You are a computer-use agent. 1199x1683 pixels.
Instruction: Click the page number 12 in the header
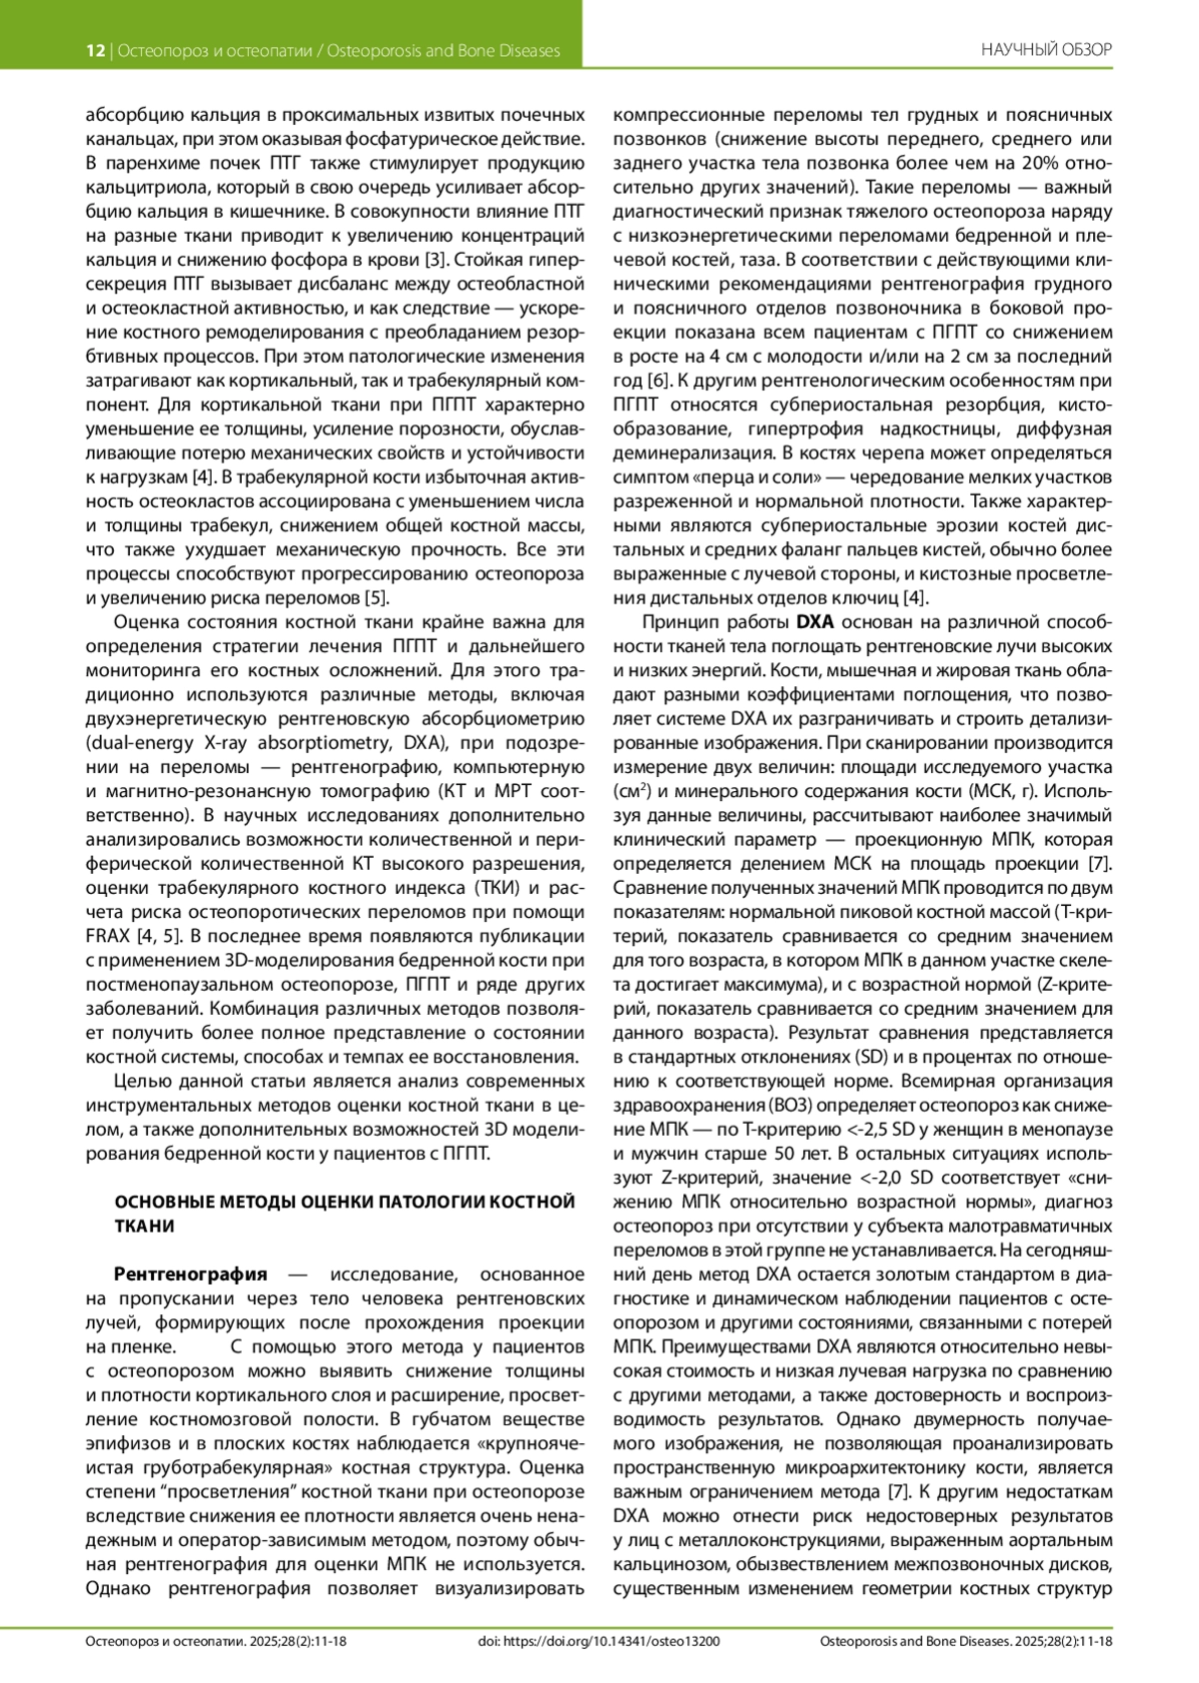point(95,50)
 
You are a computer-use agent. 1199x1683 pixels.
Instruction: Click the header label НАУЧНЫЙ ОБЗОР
point(1046,50)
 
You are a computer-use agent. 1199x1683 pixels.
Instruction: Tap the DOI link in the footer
point(599,1641)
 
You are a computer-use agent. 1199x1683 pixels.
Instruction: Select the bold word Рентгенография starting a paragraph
point(191,1274)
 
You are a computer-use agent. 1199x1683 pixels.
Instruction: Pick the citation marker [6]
point(657,381)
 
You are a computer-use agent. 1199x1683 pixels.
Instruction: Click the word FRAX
point(108,937)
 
